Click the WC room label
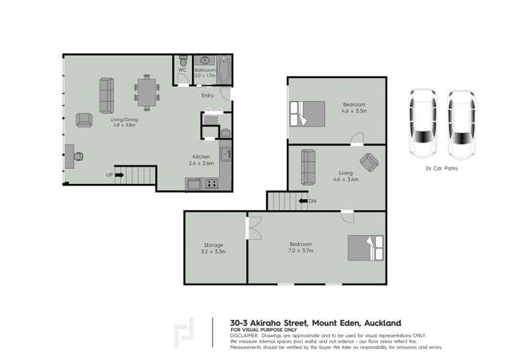pos(182,70)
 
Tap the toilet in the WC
pos(182,60)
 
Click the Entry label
pos(207,96)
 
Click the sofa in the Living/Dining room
pos(107,94)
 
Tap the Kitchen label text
pos(200,157)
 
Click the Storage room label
pos(213,245)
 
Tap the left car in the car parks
pos(422,123)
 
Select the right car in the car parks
pos(460,123)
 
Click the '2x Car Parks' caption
pos(441,170)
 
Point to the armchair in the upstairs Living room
pos(369,162)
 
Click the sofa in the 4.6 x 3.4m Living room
pos(307,165)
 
